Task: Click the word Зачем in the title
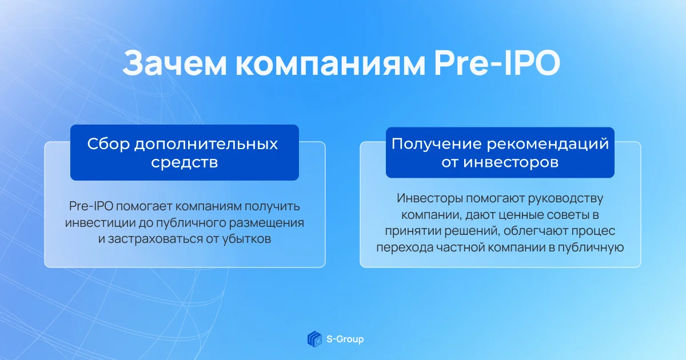pyautogui.click(x=174, y=63)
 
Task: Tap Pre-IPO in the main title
pyautogui.click(x=497, y=63)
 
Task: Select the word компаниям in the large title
pyautogui.click(x=330, y=65)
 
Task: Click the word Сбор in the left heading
pyautogui.click(x=109, y=143)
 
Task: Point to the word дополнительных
pyautogui.click(x=206, y=145)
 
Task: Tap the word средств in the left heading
pyautogui.click(x=184, y=162)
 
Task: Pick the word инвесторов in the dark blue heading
pyautogui.click(x=511, y=162)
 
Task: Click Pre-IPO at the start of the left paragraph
pyautogui.click(x=91, y=206)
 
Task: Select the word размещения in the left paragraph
pyautogui.click(x=266, y=223)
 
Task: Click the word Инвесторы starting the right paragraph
pyautogui.click(x=430, y=198)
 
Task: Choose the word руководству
pyautogui.click(x=565, y=199)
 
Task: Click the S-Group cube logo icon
pyautogui.click(x=315, y=339)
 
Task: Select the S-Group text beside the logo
pyautogui.click(x=345, y=339)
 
